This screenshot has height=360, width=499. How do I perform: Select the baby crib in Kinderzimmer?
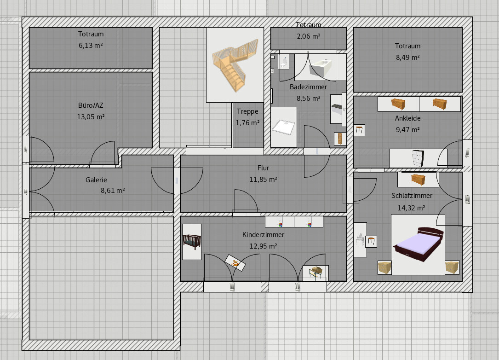point(192,242)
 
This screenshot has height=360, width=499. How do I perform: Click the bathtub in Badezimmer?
point(322,67)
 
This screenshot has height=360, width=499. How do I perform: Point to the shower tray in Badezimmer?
point(284,127)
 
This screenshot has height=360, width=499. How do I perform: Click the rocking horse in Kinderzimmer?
point(235,263)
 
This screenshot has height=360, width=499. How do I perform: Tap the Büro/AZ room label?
point(91,105)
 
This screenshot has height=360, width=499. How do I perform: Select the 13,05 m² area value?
point(91,116)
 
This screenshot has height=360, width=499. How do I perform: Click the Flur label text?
point(263,168)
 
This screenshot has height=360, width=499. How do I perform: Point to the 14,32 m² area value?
point(411,208)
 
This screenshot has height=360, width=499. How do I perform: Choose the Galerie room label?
point(96,180)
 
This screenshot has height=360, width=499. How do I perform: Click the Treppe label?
point(247,111)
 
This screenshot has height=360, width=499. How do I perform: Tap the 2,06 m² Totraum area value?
point(309,36)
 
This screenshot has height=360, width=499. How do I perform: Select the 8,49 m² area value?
point(407,58)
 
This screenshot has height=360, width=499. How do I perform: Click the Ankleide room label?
point(407,118)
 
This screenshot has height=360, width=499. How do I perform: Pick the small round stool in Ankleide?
point(359,130)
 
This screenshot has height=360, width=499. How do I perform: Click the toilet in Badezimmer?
point(284,62)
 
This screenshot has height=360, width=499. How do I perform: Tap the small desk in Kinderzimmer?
point(315,273)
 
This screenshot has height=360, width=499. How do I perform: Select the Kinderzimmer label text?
point(263,235)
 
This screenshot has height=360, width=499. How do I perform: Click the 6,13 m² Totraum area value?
point(91,46)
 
